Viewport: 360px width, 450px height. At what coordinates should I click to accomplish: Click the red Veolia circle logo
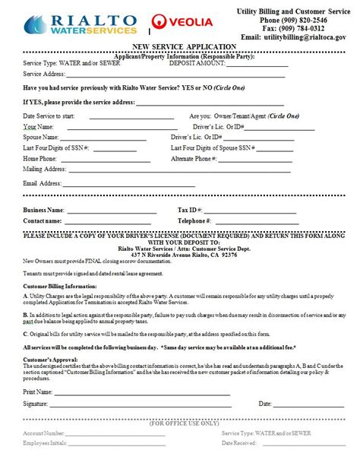click(161, 23)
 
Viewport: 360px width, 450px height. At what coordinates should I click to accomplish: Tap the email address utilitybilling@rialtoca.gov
click(293, 36)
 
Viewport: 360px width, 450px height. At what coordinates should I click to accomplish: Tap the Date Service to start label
click(52, 115)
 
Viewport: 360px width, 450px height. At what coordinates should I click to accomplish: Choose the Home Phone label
click(39, 158)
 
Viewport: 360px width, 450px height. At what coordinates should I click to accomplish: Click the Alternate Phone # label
click(193, 158)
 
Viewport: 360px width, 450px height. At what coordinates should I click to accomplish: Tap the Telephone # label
click(194, 220)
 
